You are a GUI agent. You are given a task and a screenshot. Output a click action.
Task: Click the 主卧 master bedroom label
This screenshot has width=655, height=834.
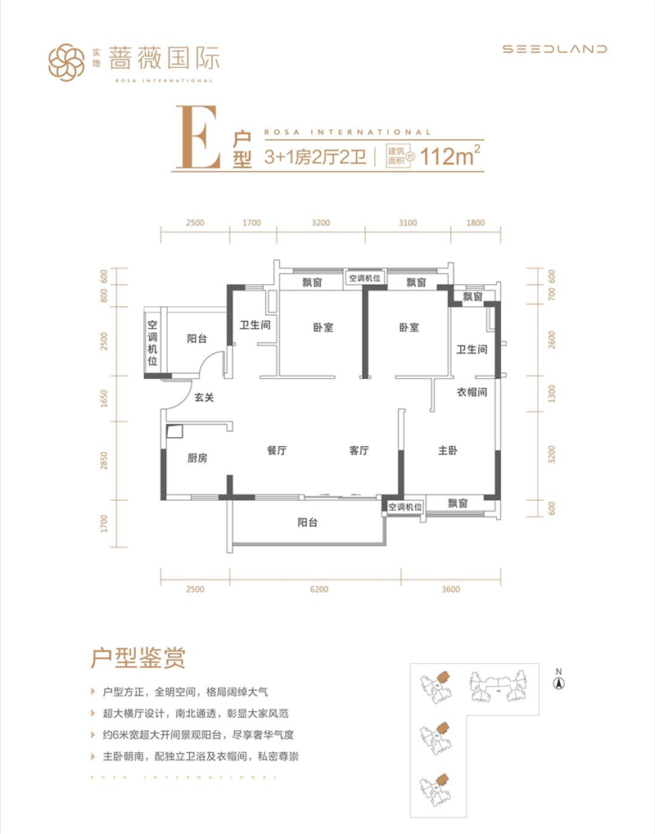point(448,450)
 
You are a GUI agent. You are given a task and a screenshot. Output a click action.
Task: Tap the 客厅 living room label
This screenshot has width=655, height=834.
point(359,450)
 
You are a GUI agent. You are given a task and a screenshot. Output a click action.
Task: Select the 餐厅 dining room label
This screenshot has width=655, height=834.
point(277,450)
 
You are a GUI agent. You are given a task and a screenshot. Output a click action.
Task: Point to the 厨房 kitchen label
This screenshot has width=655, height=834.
point(197,458)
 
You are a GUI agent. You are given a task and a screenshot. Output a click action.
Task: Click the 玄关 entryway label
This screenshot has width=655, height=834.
point(204,397)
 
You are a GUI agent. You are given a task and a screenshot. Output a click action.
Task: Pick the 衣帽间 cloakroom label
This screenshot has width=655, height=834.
point(472,393)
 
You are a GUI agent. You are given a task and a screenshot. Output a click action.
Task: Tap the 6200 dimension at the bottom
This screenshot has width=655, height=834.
point(319,589)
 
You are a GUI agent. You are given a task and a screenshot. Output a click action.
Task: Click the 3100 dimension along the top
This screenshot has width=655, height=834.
point(408,223)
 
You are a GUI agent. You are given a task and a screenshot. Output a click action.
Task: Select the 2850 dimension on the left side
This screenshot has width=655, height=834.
point(104,461)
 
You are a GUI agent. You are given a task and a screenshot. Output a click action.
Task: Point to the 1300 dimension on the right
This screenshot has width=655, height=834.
point(551,394)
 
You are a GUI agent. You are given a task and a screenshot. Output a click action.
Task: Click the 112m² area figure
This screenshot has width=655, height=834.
point(450,156)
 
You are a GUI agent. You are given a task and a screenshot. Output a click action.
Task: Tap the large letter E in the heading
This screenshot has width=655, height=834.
point(198,137)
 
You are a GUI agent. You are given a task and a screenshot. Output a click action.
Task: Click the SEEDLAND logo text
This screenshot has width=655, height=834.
point(555,49)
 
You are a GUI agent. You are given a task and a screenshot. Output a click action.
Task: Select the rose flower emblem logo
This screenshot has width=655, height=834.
point(66,62)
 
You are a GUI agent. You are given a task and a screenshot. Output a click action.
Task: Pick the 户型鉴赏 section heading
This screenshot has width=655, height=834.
point(138,658)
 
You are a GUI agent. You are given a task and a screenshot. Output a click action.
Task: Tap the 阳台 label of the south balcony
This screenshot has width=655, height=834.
point(308,523)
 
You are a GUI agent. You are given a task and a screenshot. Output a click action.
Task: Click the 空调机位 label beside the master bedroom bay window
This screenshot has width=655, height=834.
point(405,507)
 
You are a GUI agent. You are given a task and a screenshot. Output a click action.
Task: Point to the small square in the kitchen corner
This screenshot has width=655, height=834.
point(174,431)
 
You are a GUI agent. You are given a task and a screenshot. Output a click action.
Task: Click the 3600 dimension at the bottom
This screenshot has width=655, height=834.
point(450,589)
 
